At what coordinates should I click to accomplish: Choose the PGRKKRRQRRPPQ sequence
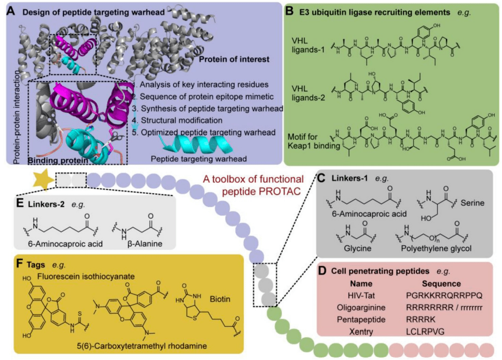pos(438,295)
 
